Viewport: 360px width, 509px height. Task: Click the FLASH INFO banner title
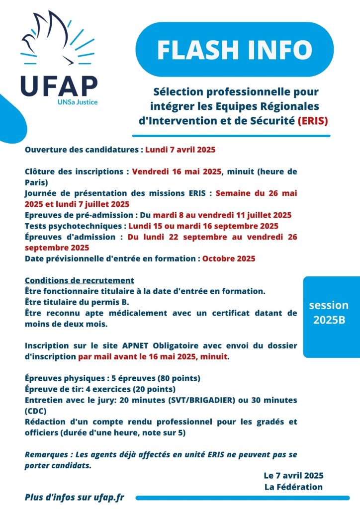click(x=234, y=49)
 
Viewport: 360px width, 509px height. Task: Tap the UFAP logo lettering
click(x=59, y=85)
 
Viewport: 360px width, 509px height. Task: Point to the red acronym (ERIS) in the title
click(x=313, y=120)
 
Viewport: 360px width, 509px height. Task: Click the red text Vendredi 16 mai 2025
click(x=177, y=171)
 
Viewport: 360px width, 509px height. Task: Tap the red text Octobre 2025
click(x=229, y=258)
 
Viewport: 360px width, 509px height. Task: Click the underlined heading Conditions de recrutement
click(x=79, y=280)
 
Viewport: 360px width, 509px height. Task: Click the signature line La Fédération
click(x=294, y=487)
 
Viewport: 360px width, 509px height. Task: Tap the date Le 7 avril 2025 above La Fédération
click(x=293, y=475)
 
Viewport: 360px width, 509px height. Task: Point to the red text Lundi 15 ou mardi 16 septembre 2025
click(x=210, y=226)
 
